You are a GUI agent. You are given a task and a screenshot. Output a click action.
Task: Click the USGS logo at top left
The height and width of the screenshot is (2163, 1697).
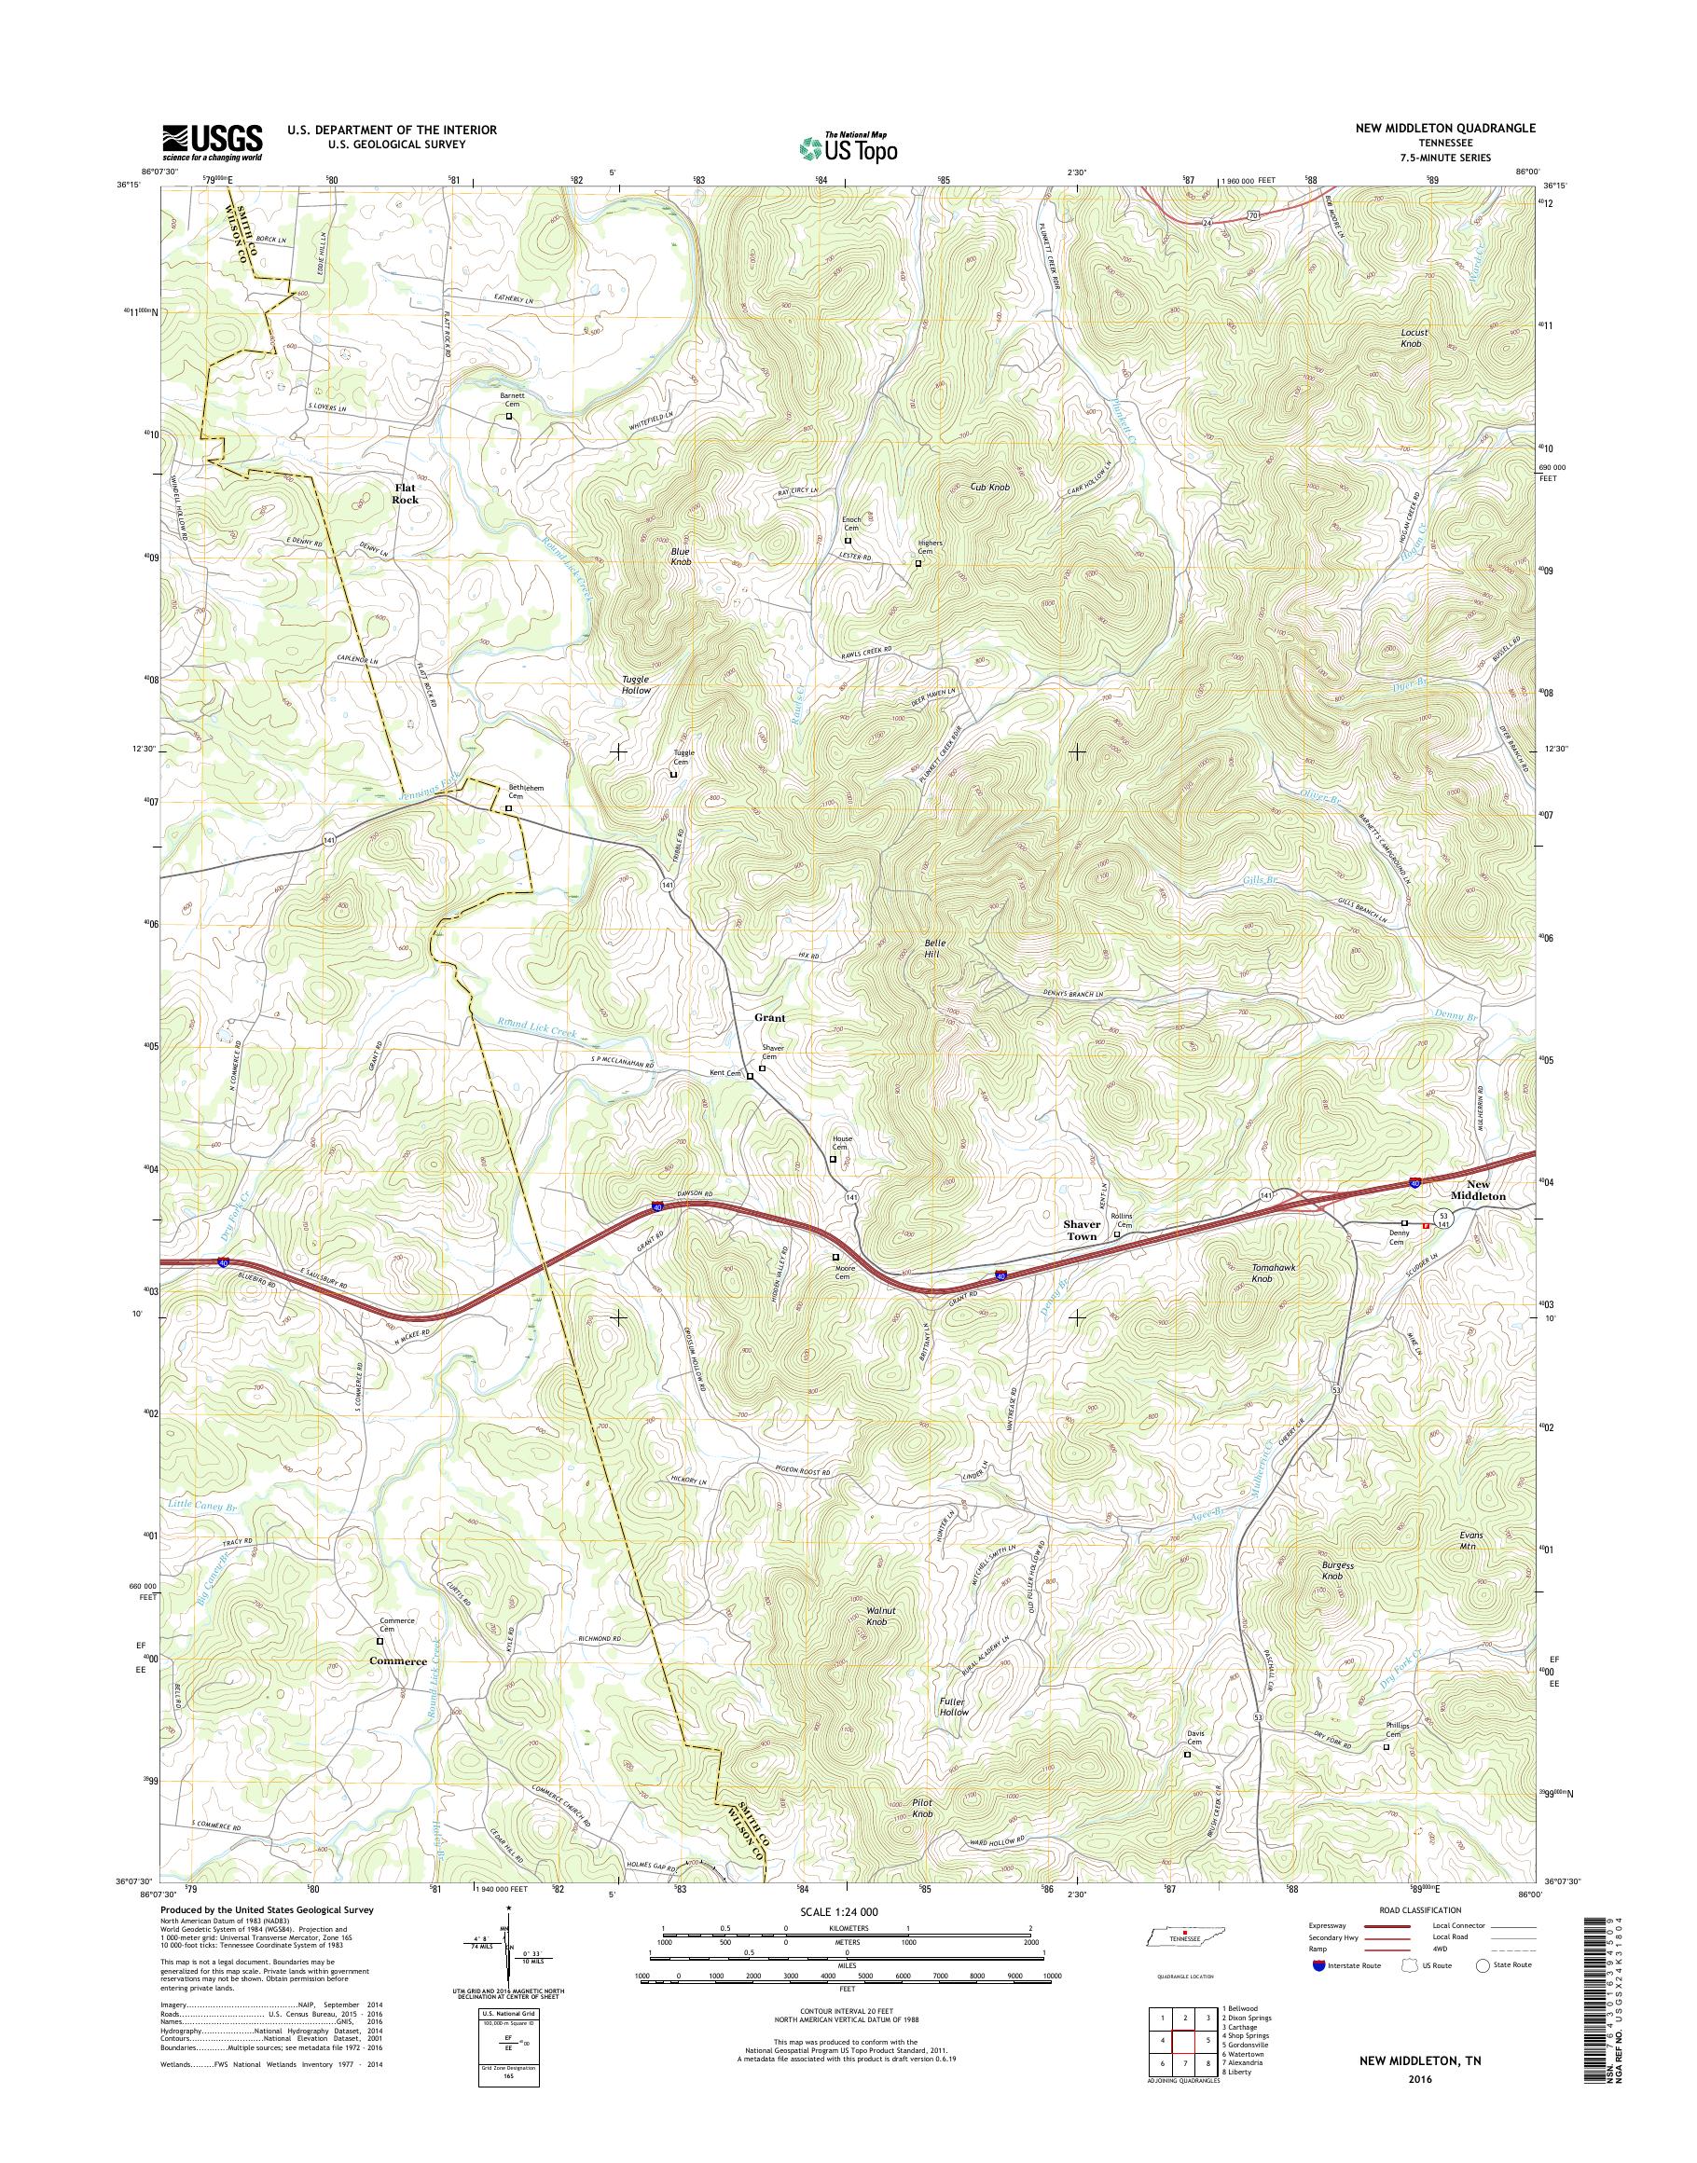pos(213,141)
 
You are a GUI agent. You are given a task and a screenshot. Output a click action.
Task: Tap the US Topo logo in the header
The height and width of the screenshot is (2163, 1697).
pos(848,148)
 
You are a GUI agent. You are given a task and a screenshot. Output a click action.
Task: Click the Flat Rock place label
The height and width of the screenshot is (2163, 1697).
pos(406,494)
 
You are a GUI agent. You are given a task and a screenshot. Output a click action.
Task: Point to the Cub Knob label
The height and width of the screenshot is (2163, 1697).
pos(989,488)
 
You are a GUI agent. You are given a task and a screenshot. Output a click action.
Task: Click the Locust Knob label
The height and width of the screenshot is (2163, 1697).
pos(1413,338)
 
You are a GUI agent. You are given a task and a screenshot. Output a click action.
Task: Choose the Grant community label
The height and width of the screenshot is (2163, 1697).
pos(769,1017)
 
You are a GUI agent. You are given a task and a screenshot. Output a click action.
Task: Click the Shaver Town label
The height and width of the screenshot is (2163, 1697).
pos(1082,1230)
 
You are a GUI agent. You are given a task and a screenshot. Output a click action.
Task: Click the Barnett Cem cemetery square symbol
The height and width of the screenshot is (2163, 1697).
pos(510,418)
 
